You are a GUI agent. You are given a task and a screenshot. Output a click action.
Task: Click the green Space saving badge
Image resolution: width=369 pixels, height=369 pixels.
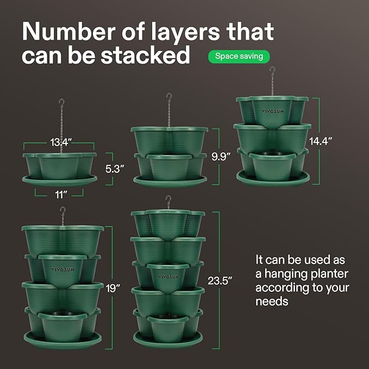point(239,56)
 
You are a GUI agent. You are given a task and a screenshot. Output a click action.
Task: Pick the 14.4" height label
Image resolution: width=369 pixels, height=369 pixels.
point(321,140)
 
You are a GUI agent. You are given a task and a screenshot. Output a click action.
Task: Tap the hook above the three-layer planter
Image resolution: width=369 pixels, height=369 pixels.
point(272,71)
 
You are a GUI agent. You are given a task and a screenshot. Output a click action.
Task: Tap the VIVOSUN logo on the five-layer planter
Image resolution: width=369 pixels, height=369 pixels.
point(168,276)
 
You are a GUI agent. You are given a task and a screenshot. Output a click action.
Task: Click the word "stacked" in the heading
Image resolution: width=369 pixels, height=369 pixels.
point(147,55)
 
